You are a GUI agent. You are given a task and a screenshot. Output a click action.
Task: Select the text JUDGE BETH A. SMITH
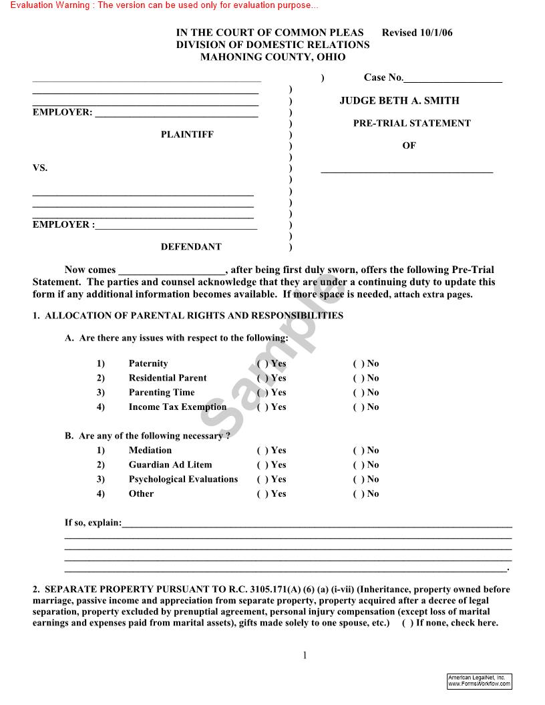point(399,101)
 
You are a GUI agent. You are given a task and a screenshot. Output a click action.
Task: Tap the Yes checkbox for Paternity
point(262,364)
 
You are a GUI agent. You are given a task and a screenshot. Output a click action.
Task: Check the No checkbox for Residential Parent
point(357,379)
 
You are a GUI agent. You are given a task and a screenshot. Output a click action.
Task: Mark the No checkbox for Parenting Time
point(357,393)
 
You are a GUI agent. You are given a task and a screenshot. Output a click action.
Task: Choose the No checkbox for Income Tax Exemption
point(357,407)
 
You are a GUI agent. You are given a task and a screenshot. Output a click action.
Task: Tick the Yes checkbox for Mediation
point(262,451)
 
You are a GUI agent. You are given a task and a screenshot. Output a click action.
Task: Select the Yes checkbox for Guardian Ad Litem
point(262,465)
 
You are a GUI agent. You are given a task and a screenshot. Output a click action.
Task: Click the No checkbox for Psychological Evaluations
point(357,480)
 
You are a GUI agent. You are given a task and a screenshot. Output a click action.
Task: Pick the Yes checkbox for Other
point(262,495)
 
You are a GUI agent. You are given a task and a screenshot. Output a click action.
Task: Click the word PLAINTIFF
point(187,135)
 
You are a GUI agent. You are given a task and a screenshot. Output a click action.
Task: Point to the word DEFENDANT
point(191,247)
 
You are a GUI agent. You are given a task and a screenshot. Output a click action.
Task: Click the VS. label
point(40,168)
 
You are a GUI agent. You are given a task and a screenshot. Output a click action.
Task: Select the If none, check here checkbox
point(407,624)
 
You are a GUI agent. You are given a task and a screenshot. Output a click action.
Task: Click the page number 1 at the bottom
point(305,656)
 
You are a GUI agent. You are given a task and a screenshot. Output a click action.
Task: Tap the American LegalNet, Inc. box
point(479,681)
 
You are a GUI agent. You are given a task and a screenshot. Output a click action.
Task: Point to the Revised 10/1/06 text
point(417,33)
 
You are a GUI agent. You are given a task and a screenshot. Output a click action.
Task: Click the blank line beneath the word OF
point(407,171)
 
